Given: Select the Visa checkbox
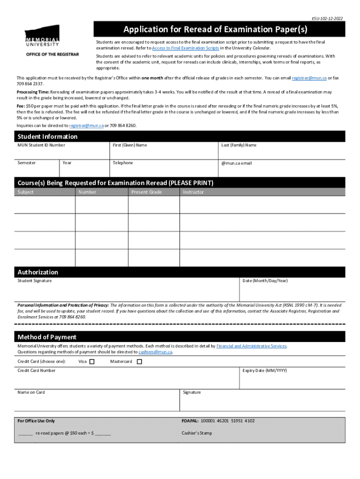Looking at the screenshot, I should coord(92,361).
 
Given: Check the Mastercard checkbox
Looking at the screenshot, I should coord(139,361).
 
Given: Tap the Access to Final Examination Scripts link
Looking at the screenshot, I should coord(186,48).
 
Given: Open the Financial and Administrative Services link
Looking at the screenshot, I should coord(252,346).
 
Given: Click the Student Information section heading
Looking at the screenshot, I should coord(47,137).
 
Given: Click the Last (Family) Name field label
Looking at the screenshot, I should coord(238,145).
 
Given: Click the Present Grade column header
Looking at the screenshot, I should coord(146,192).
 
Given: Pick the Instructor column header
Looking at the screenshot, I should coord(193,192).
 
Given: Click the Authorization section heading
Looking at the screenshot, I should coord(38,272).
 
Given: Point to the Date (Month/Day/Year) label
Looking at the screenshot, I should coord(265,281).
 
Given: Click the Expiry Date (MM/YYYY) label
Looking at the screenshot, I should coord(265,370).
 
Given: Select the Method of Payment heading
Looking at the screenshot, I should coord(47,337).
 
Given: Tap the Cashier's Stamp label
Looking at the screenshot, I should coord(196,433).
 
